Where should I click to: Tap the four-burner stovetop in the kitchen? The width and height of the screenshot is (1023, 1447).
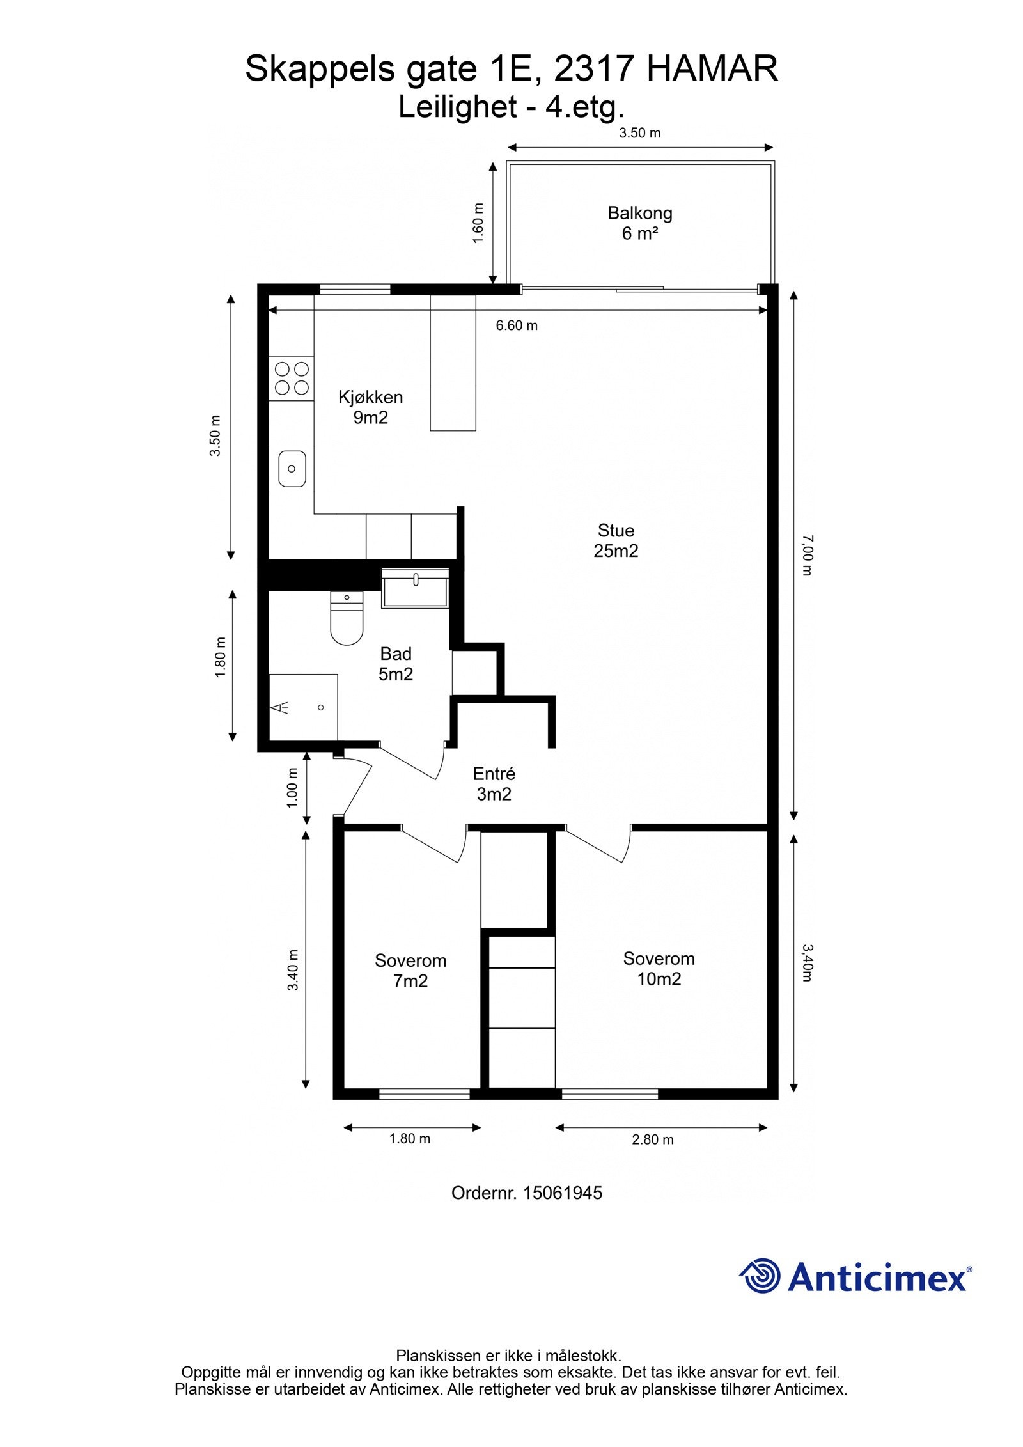(292, 378)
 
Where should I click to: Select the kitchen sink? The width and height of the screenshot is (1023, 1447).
(292, 468)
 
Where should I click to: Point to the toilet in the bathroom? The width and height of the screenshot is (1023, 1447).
(347, 618)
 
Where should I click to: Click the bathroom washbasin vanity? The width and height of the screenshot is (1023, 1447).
(416, 588)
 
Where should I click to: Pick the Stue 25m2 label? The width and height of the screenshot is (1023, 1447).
(616, 540)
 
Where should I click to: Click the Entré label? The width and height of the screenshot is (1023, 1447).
(494, 774)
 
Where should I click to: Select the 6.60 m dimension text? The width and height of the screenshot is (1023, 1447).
(517, 325)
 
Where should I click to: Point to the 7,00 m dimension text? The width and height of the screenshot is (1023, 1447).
(807, 555)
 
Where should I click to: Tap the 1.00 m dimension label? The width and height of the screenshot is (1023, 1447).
(292, 787)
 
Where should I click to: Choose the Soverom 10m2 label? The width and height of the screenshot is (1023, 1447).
(659, 969)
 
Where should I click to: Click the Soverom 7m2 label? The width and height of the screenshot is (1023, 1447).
(410, 971)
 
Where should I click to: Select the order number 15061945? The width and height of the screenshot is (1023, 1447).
(563, 1193)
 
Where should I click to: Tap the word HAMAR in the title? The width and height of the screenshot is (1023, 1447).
(712, 69)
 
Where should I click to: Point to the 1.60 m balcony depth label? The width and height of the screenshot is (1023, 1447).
(478, 223)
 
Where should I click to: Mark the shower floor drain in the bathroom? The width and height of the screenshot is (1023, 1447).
(321, 707)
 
